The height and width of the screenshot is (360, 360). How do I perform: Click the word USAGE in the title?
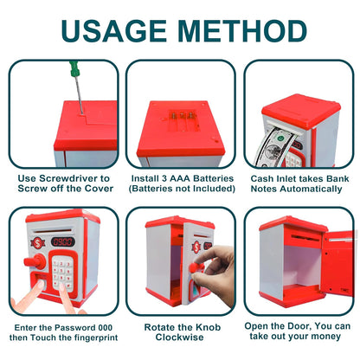112,30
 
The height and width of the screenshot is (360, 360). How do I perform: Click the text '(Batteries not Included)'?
181,190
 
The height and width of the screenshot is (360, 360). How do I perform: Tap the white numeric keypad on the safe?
63,274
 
